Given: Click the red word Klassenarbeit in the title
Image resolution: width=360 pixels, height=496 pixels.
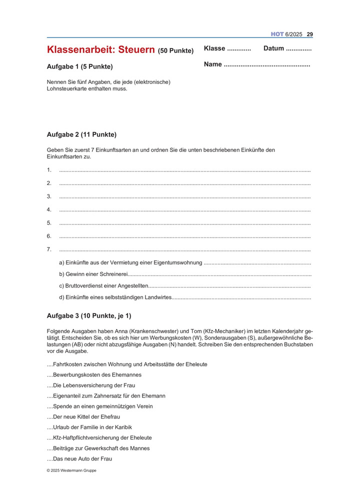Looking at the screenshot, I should (80, 50).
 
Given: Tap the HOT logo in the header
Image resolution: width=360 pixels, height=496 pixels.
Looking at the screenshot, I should (277, 34).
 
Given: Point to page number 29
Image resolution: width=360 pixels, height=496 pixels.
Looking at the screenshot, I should (309, 34).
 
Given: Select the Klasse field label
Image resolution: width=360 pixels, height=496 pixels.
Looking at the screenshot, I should (214, 48).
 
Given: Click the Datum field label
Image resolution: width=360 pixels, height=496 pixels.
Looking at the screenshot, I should (273, 48).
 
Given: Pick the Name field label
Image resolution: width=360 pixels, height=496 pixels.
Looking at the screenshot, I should (212, 64).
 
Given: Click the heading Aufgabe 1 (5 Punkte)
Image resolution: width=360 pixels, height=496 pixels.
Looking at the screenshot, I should (79, 66).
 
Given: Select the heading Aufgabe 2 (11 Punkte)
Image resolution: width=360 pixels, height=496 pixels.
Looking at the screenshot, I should (81, 134).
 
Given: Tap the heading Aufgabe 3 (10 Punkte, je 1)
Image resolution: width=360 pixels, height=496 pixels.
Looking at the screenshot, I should (89, 315).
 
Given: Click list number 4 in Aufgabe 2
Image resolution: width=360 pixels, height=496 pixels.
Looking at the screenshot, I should (49, 209).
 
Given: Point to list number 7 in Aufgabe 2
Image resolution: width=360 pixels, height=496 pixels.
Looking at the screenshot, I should (49, 249).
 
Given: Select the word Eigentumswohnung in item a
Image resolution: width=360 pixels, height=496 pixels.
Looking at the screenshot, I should (177, 262).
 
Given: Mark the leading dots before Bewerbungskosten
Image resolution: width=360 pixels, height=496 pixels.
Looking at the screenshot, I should (49, 375).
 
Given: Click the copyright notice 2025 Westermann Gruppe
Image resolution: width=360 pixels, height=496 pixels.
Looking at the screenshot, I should (71, 470).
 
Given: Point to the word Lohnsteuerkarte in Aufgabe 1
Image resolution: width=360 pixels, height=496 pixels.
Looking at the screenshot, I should (67, 89).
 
